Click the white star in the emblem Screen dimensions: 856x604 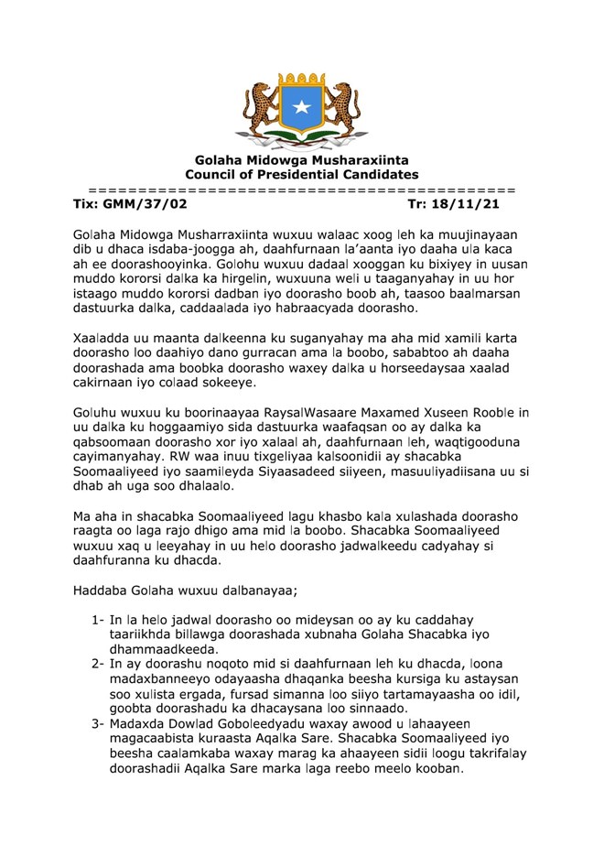click(301, 108)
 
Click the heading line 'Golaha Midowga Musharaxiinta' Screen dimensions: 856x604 click(301, 160)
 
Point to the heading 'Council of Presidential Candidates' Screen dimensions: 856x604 click(301, 174)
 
